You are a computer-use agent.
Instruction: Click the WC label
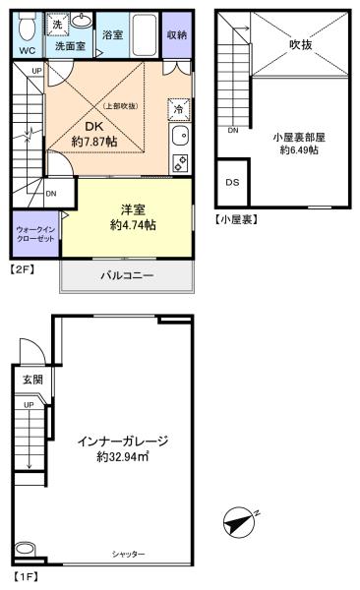28,51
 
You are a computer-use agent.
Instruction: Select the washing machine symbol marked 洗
57,25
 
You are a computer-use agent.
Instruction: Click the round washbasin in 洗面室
82,20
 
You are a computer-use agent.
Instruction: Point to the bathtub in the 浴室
146,34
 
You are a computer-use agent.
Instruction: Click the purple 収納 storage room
177,35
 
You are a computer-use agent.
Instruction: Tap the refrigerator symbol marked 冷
179,109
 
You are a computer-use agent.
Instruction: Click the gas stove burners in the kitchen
180,163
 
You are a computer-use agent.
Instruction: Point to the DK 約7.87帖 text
94,134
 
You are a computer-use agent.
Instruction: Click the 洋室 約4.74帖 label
133,217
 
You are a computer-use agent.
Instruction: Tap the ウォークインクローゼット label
35,234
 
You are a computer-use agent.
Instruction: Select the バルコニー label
127,275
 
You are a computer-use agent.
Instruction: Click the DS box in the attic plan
232,182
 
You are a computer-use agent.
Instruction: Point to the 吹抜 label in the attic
301,45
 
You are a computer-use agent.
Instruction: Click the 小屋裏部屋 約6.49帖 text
299,144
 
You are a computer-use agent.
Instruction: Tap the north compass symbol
239,523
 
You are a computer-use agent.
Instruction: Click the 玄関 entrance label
32,380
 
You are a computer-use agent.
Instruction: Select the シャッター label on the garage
128,554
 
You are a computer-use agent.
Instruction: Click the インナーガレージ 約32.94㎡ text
123,448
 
